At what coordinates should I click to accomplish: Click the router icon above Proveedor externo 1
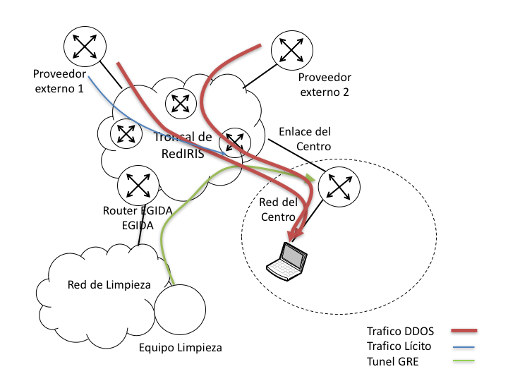pos(84,47)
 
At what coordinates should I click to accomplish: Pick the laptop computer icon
pos(287,259)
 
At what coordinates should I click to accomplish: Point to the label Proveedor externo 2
pos(325,85)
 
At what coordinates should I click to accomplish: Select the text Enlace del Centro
pos(305,138)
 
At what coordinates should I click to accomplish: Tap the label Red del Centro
pos(278,210)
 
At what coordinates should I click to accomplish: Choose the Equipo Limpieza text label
pos(181,347)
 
